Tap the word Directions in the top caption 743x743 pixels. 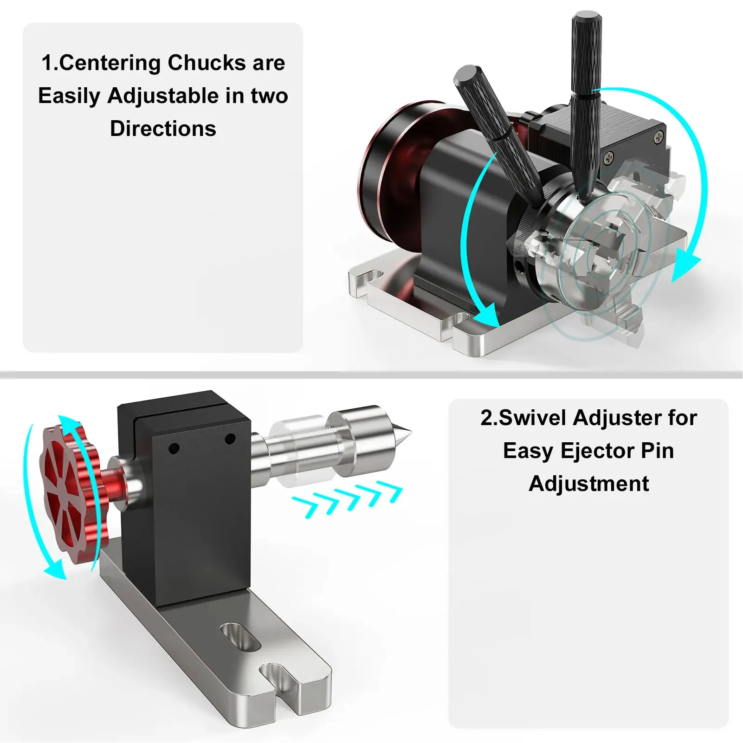point(163,129)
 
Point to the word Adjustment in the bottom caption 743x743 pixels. point(588,484)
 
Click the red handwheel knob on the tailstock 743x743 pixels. point(70,494)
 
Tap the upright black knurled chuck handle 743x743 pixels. point(586,93)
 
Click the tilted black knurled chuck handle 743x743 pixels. point(497,135)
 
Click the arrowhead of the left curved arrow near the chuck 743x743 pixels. point(486,316)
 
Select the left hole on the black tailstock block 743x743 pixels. point(174,449)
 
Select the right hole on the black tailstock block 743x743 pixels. point(230,439)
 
